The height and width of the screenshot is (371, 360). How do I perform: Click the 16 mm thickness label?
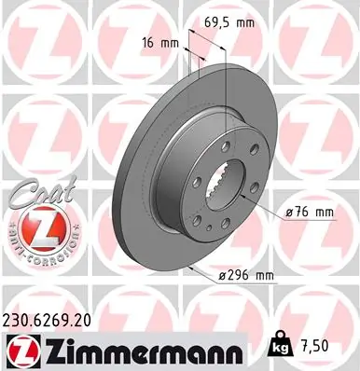[160, 43]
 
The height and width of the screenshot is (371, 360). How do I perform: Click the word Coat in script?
[43, 195]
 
